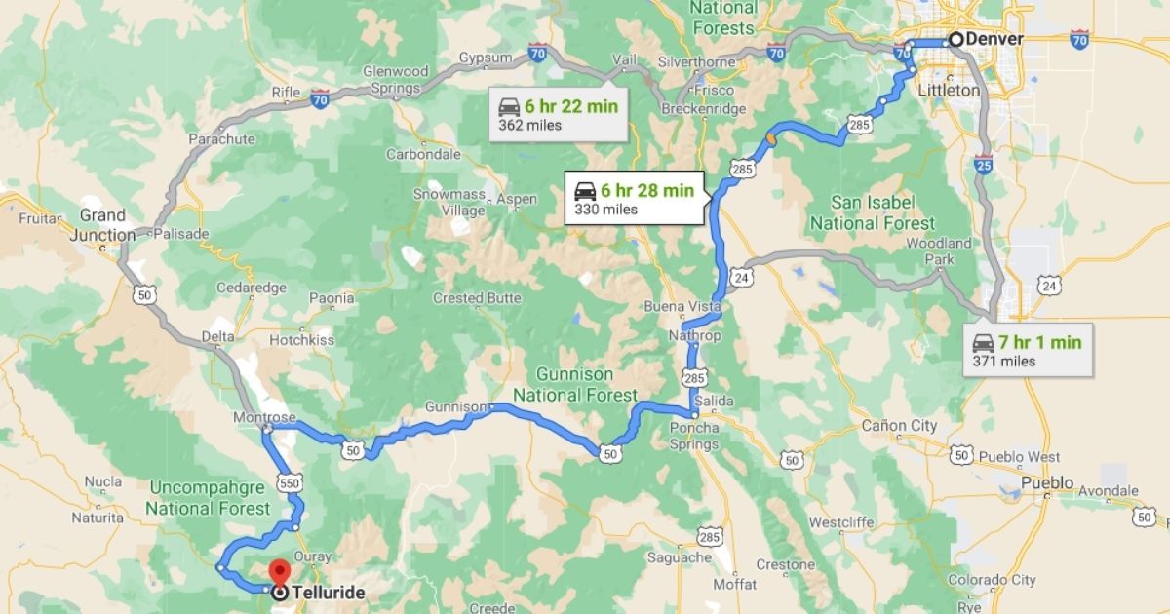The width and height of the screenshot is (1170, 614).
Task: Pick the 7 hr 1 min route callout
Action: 1027,350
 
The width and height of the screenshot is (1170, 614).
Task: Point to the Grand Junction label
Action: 102,224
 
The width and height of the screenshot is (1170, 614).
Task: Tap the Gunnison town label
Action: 455,406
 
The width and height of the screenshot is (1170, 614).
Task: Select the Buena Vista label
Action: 682,306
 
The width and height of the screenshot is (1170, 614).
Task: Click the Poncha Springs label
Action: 695,436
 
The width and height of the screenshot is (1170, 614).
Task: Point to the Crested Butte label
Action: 477,297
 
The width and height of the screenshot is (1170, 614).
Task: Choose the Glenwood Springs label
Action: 394,79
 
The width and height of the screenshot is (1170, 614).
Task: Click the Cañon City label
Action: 899,426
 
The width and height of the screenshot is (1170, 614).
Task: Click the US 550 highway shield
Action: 288,482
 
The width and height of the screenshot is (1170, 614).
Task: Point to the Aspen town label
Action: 517,199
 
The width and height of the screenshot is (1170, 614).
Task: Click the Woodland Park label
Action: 939,251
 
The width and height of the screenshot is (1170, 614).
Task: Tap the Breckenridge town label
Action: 704,109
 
